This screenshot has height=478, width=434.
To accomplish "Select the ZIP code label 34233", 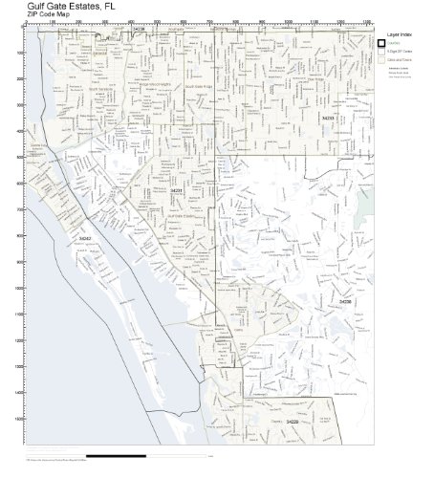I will (x=328, y=119).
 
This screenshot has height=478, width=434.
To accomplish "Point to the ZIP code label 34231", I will (x=175, y=191).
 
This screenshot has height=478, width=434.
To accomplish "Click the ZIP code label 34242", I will (x=86, y=237).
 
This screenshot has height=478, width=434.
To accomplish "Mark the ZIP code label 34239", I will (x=140, y=30).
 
